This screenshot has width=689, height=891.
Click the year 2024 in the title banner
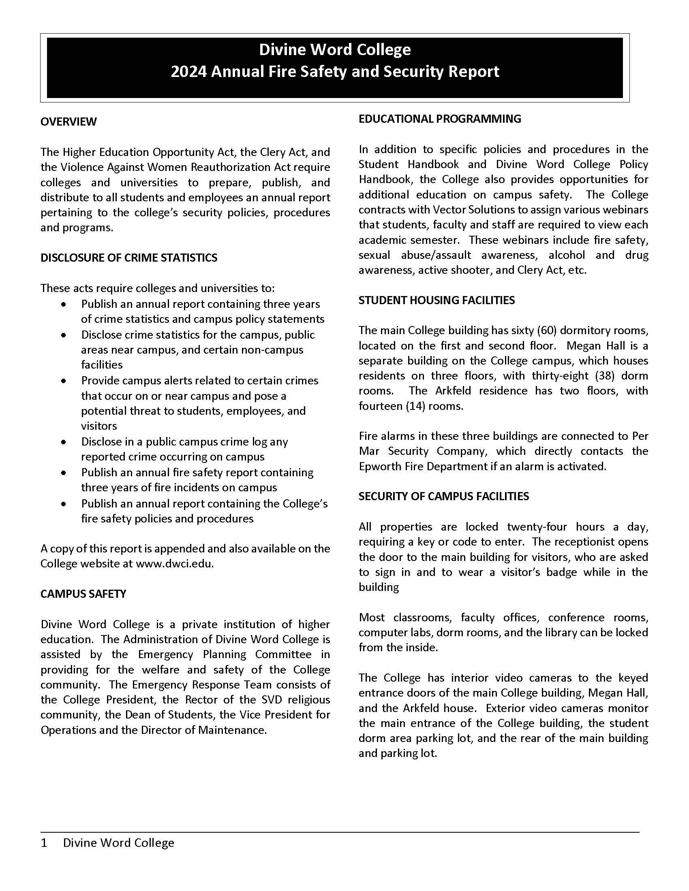(x=188, y=72)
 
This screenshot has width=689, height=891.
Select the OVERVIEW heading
(x=68, y=122)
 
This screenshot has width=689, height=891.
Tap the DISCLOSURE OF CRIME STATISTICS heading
(x=128, y=258)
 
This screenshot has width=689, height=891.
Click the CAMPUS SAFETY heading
(x=83, y=594)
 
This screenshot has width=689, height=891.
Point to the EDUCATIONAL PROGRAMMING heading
(x=440, y=119)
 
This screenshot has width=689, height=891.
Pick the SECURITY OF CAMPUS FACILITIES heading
(x=443, y=496)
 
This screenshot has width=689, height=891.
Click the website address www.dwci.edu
(x=173, y=564)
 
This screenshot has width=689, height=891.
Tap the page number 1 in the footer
(x=44, y=843)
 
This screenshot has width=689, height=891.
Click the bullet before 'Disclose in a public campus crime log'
(x=63, y=442)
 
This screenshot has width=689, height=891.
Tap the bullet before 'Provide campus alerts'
(x=63, y=381)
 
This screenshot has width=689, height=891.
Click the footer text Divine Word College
(x=118, y=843)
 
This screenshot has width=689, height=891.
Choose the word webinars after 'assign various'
(x=626, y=210)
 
